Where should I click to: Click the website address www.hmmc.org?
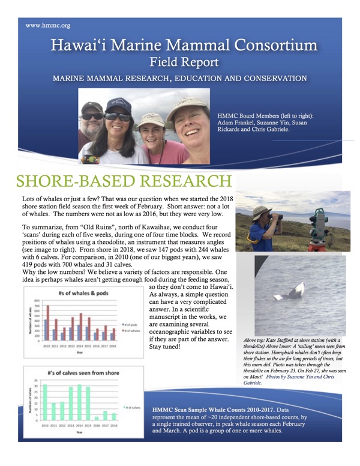pyautogui.click(x=49, y=26)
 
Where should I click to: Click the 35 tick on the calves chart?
pyautogui.click(x=37, y=380)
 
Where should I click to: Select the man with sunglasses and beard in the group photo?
pyautogui.click(x=94, y=123)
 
